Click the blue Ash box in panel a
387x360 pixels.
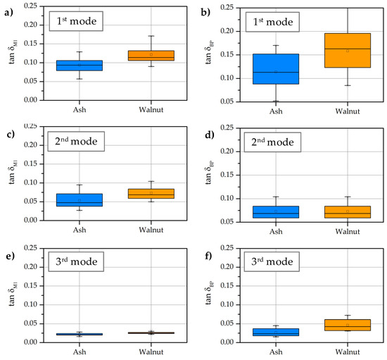point(79,66)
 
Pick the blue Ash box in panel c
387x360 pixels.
point(79,200)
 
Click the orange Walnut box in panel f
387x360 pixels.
point(347,325)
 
